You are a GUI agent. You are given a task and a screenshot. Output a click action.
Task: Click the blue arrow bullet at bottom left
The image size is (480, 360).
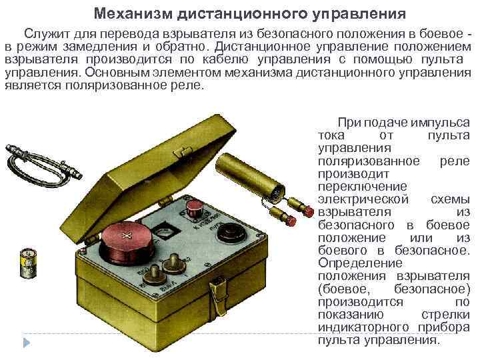click(x=27, y=343)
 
